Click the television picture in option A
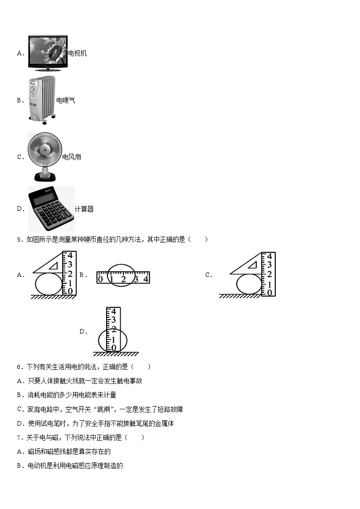pyautogui.click(x=48, y=53)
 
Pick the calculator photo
pyautogui.click(x=51, y=209)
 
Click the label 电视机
pyautogui.click(x=78, y=53)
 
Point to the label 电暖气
pyautogui.click(x=66, y=101)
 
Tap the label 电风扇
pyautogui.click(x=72, y=157)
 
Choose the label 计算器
pyautogui.click(x=84, y=209)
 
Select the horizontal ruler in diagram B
pyautogui.click(x=123, y=277)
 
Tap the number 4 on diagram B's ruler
pyautogui.click(x=146, y=279)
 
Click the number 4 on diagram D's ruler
pyautogui.click(x=114, y=312)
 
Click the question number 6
pyautogui.click(x=19, y=367)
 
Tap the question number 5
pyautogui.click(x=19, y=240)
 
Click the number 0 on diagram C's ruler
pyautogui.click(x=269, y=292)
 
